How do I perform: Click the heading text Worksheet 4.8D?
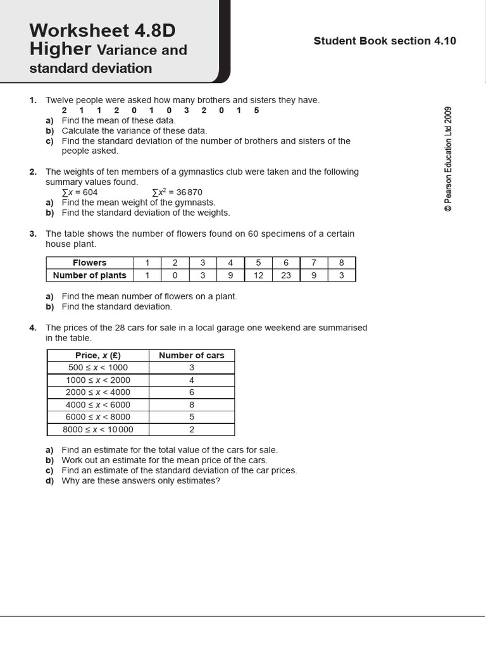[102, 30]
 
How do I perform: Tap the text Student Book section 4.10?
[385, 41]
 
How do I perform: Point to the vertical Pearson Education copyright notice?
[448, 158]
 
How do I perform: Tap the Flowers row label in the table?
[90, 263]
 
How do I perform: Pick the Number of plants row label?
[90, 275]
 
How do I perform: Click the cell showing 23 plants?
[286, 275]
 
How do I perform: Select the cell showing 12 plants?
[258, 275]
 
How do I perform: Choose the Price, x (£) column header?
[98, 356]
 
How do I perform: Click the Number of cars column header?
[192, 356]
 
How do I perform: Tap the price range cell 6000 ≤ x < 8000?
[98, 417]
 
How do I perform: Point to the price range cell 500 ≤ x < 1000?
[98, 368]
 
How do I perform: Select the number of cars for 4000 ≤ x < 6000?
[192, 405]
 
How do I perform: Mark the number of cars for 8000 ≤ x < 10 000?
[192, 430]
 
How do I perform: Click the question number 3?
[33, 234]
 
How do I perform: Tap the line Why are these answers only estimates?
[140, 481]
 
